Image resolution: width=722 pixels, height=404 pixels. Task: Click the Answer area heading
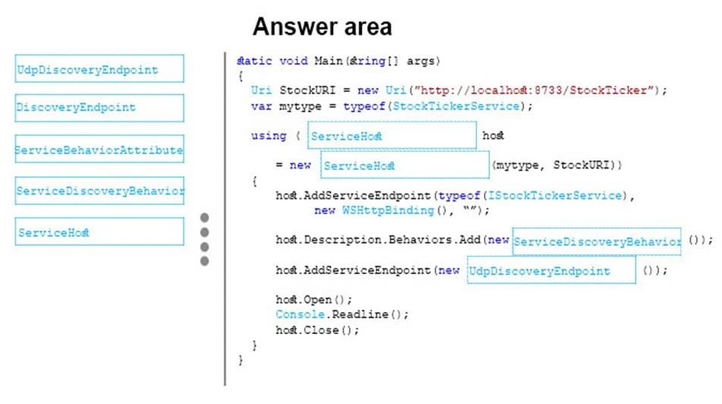[322, 27]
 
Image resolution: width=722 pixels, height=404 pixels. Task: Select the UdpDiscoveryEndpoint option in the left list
[99, 69]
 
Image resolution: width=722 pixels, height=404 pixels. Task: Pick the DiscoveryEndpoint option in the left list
[99, 107]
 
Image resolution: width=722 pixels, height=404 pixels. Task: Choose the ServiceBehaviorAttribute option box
[99, 150]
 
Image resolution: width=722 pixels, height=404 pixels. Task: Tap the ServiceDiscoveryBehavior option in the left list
[99, 190]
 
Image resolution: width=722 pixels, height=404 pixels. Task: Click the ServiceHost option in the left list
[99, 232]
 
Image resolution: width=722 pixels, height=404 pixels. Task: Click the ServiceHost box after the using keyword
[392, 136]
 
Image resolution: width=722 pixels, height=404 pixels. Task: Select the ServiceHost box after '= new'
[405, 165]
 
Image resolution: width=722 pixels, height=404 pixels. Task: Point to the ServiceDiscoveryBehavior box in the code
[596, 241]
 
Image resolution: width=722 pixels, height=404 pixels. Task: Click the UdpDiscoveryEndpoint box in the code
[551, 270]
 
